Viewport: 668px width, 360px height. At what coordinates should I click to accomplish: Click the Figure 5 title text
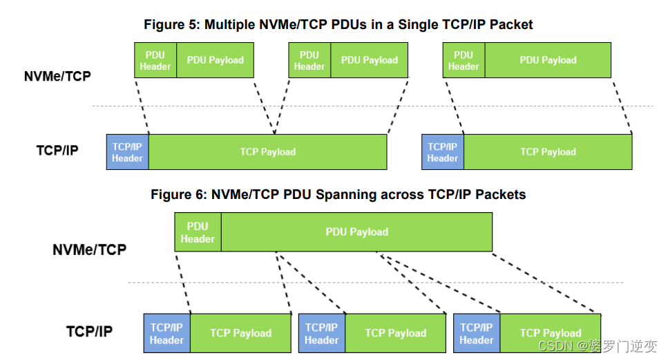coord(338,24)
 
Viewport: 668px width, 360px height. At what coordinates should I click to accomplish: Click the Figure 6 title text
coord(338,194)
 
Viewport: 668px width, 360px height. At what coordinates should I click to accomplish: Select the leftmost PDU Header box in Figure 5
coord(155,60)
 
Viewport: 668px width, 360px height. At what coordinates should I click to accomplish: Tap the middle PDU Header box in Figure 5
coord(309,60)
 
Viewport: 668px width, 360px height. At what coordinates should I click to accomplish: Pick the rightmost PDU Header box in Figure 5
coord(464,60)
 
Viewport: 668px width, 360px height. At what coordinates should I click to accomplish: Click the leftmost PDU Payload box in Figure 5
coord(216,60)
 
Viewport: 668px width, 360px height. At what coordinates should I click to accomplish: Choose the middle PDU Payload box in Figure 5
coord(370,60)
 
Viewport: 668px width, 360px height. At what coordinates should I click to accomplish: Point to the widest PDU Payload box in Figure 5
coord(548,60)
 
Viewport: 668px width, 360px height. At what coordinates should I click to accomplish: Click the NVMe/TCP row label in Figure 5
coord(57,76)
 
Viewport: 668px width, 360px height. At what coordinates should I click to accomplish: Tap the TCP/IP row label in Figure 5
coord(57,150)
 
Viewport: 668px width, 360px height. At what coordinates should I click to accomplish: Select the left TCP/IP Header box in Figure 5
coord(128,152)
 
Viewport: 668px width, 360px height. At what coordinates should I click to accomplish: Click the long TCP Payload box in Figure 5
coord(268,152)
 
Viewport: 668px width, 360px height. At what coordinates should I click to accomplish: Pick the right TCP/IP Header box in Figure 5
coord(443,152)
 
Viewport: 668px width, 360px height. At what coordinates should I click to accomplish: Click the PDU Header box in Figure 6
coord(198,232)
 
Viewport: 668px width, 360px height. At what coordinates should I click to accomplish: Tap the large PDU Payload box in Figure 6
coord(356,232)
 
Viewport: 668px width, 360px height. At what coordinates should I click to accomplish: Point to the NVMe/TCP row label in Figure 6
coord(89,249)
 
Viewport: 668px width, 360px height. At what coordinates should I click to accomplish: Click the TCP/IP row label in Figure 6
coord(89,332)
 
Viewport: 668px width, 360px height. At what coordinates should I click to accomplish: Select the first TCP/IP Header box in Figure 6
coord(166,333)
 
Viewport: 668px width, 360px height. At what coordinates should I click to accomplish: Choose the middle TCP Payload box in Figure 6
coord(396,333)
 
